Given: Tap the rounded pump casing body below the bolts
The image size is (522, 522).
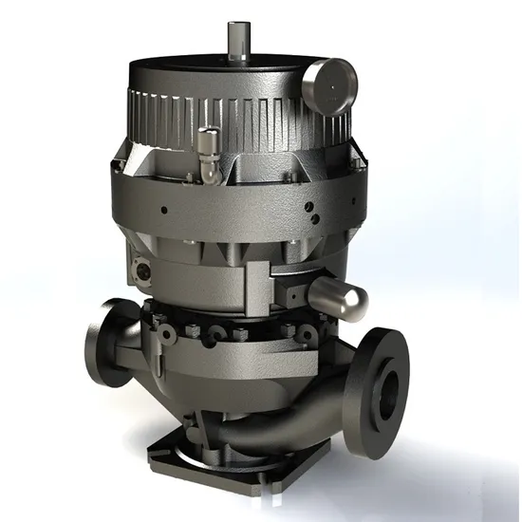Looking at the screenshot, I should [228, 380].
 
